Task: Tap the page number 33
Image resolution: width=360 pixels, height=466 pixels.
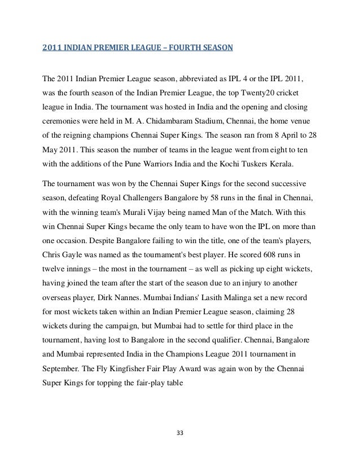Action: click(x=181, y=433)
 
